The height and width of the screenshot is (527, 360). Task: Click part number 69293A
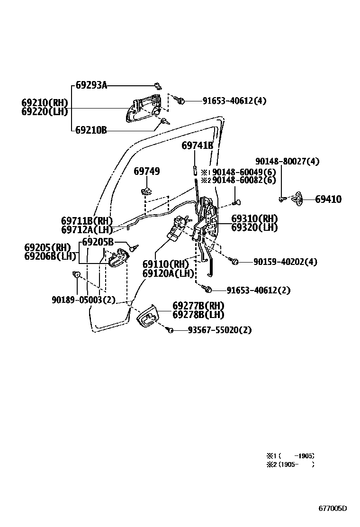(91, 86)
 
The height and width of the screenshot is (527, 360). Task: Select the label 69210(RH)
(45, 103)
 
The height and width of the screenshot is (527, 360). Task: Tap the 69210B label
(91, 129)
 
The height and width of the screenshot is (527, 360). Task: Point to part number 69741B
(197, 145)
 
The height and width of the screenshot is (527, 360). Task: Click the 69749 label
(146, 171)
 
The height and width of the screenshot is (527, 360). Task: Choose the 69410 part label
(328, 200)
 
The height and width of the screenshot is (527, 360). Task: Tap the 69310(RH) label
(254, 218)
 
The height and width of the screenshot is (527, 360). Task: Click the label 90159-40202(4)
(285, 262)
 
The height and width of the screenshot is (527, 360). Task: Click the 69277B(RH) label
(198, 306)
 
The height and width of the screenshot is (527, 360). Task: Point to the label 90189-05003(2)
(83, 300)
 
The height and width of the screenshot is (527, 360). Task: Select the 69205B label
(98, 242)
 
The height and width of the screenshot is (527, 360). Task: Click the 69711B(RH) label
(87, 221)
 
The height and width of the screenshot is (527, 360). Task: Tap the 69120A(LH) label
(168, 273)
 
